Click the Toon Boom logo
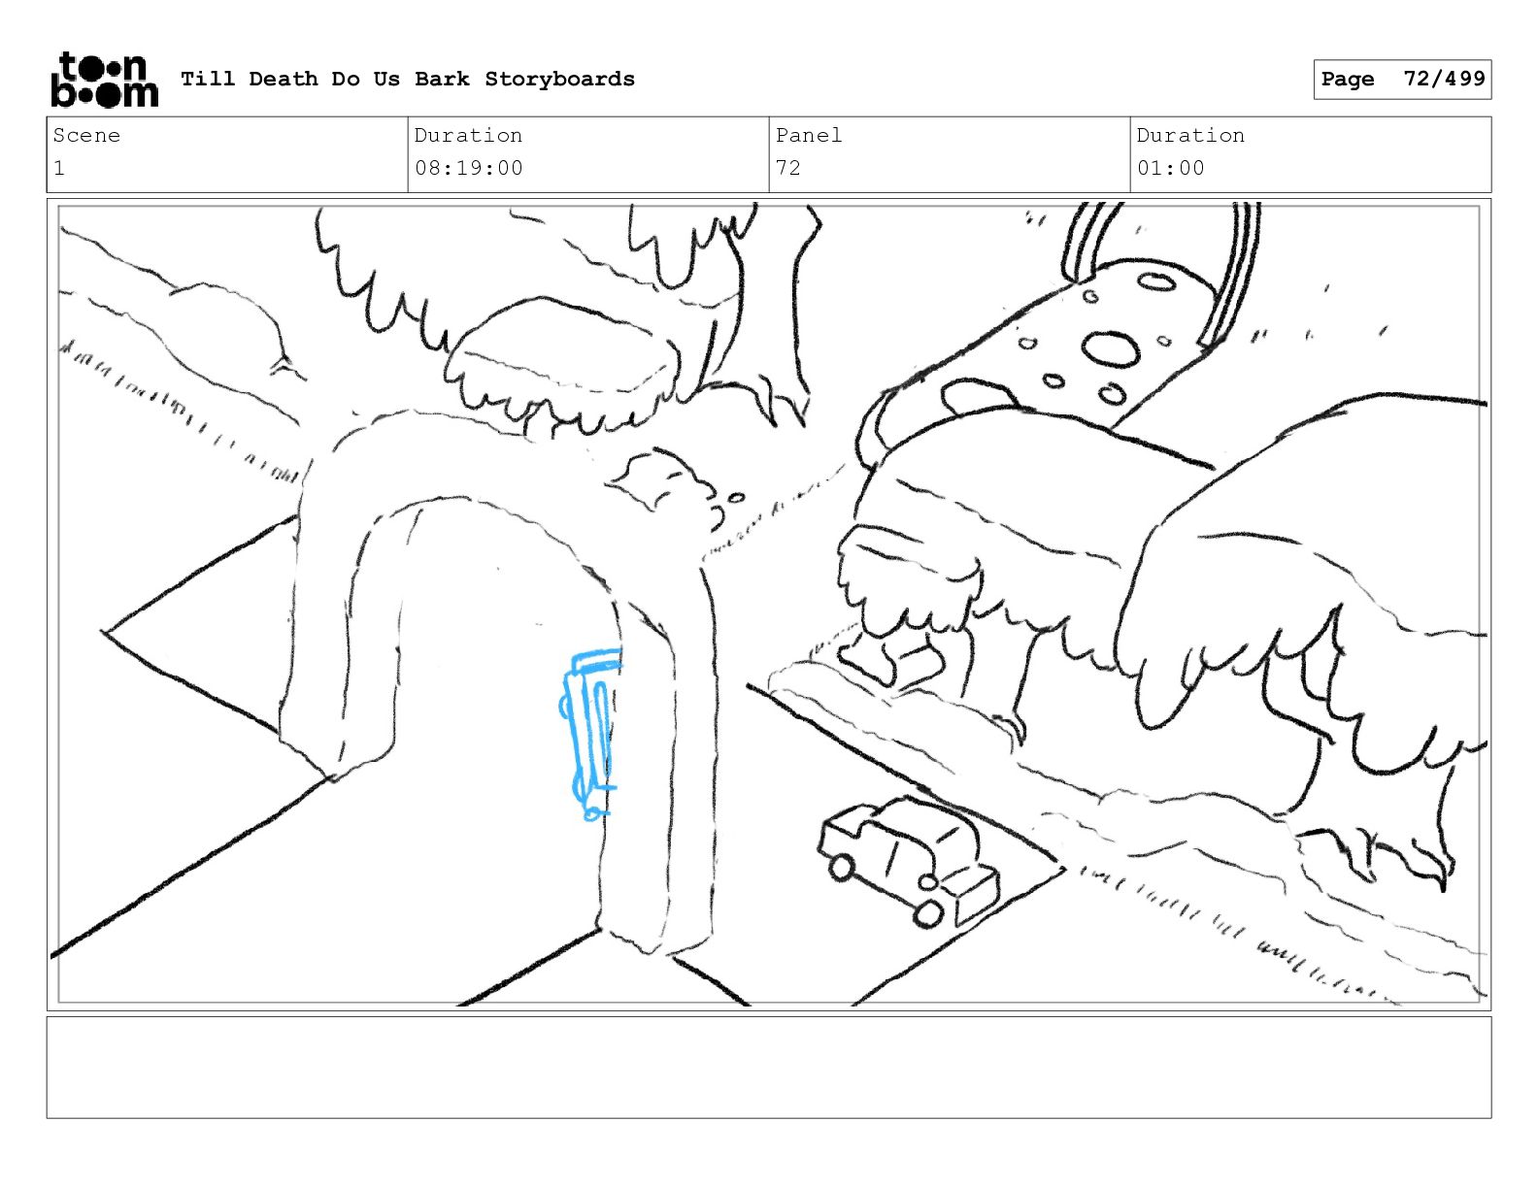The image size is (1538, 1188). tap(104, 80)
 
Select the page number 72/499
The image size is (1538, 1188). tap(1444, 79)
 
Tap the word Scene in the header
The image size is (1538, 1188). tap(86, 136)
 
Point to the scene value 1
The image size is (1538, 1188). tap(59, 168)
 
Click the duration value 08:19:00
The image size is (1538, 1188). tap(468, 168)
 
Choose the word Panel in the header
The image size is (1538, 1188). tap(808, 136)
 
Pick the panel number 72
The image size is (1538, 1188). tap(787, 168)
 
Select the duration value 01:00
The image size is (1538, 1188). tap(1170, 168)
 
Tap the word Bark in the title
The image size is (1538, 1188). tap(442, 80)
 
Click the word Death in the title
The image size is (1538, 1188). tap(283, 80)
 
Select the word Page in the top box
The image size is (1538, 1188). tap(1347, 80)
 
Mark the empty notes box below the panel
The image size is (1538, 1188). tap(768, 1067)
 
